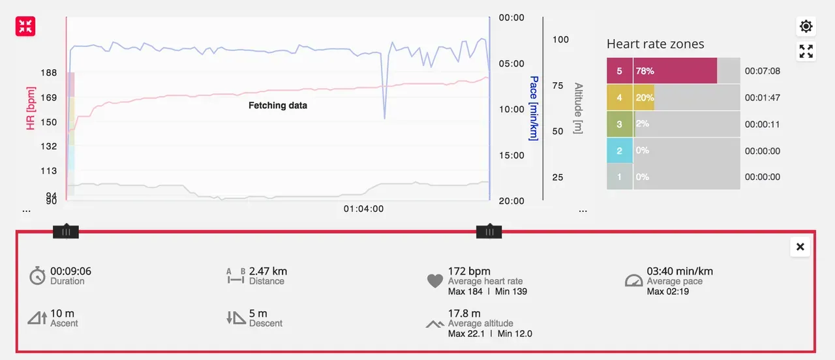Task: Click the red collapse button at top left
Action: [x=25, y=26]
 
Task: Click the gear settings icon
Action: [x=806, y=26]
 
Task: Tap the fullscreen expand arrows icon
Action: [x=806, y=51]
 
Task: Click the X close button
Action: [x=800, y=247]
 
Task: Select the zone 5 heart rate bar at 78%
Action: [x=675, y=71]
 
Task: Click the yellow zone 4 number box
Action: [x=620, y=98]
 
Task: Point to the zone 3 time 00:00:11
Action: [x=762, y=125]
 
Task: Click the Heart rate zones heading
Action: [x=655, y=44]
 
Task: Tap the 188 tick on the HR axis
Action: [x=48, y=73]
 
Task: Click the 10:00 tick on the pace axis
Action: [x=511, y=110]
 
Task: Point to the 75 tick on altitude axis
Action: [x=557, y=85]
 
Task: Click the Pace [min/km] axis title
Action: [x=534, y=108]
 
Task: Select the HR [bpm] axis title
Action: [x=31, y=108]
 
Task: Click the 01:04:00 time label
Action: [x=363, y=209]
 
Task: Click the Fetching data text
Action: [x=278, y=105]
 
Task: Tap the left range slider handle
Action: [x=65, y=232]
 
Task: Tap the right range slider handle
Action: [x=489, y=232]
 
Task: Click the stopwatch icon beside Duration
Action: [x=38, y=276]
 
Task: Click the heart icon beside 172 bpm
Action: [x=435, y=281]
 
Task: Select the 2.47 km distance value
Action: [x=268, y=271]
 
